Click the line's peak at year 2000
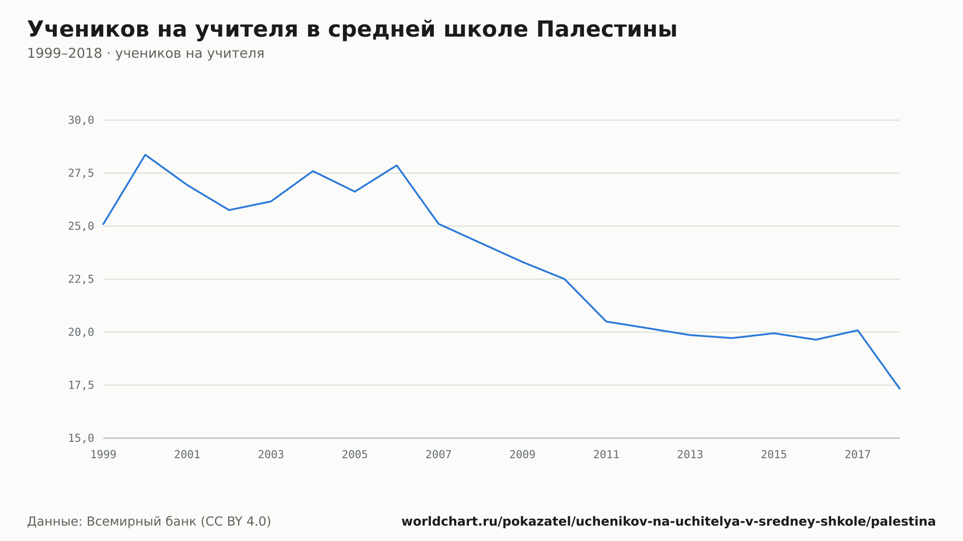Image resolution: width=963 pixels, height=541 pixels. pos(145,155)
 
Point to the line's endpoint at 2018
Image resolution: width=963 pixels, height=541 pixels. pos(899,388)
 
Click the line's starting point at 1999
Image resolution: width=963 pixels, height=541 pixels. pos(104,224)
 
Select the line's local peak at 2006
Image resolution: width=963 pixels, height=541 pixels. pos(397,165)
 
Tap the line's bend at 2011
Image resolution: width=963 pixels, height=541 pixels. pos(606,322)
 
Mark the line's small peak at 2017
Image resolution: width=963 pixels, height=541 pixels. pos(858,330)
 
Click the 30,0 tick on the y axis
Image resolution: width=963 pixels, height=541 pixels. pos(81,120)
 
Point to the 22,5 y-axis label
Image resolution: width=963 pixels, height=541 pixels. pos(81,279)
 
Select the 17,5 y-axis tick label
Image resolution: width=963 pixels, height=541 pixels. pos(81,385)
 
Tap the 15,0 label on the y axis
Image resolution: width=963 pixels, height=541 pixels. pos(81,438)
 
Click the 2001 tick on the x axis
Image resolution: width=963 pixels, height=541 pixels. pos(187,455)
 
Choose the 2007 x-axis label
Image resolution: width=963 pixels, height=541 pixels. pos(439,455)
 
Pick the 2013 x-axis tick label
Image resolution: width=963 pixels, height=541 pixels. pos(690,455)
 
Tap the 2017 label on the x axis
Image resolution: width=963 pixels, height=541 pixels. pos(858,455)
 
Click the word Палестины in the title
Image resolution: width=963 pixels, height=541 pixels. pos(607,29)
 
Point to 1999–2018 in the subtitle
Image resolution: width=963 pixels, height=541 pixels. pos(65,53)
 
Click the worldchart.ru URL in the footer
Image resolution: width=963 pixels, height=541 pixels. pos(668,522)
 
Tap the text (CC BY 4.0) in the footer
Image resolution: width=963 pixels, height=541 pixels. pos(235,522)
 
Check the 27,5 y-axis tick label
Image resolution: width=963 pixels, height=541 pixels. pos(81,173)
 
